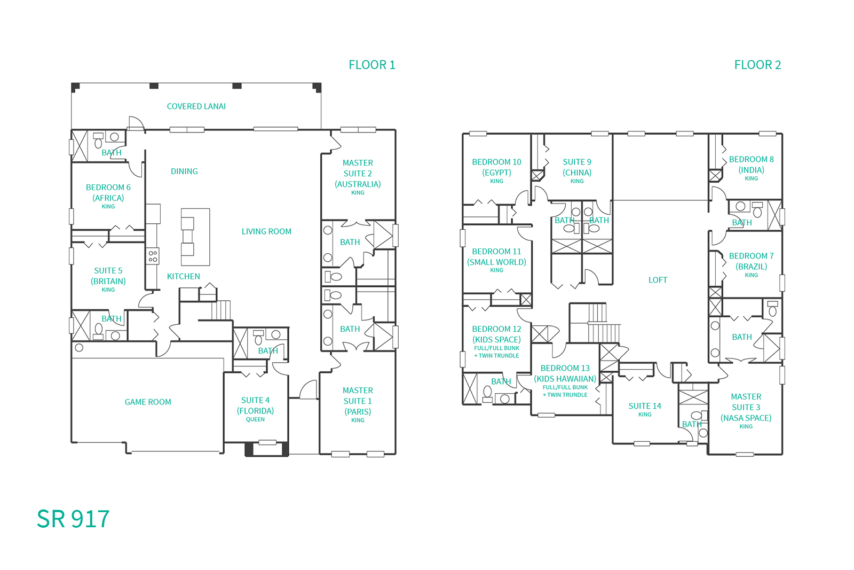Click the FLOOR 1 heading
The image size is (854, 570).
(371, 65)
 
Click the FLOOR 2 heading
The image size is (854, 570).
(757, 65)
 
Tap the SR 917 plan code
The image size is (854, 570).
(73, 519)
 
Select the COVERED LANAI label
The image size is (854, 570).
(196, 106)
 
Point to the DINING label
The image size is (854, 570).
(184, 171)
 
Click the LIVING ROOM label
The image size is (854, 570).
(266, 232)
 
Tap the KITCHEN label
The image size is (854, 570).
(184, 276)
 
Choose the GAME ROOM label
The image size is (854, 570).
(148, 402)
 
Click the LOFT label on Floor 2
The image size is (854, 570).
(658, 280)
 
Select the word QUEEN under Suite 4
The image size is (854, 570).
(256, 419)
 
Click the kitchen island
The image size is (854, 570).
(195, 237)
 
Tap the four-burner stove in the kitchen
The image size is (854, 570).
(153, 256)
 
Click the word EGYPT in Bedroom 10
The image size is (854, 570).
(497, 173)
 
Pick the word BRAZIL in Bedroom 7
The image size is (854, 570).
(752, 267)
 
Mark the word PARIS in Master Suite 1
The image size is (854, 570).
(358, 412)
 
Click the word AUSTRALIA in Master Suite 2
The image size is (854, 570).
(358, 185)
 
